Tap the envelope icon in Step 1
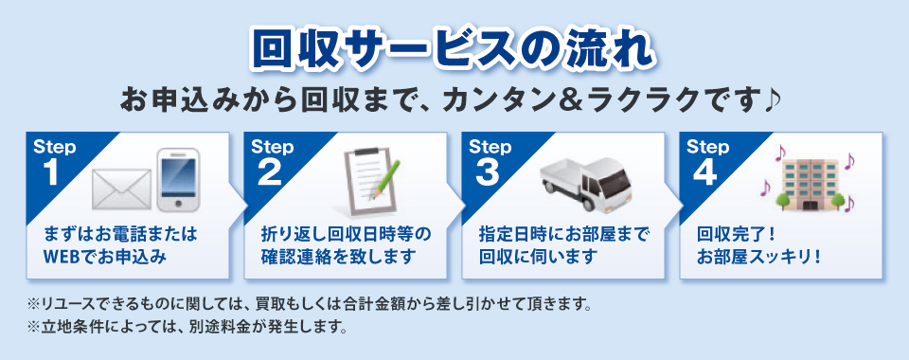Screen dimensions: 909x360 122,189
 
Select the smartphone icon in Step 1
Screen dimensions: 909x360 178,180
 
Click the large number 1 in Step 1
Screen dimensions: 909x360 51,173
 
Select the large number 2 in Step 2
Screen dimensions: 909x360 270,173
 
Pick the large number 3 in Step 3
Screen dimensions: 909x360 487,173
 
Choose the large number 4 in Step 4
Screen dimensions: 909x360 704,173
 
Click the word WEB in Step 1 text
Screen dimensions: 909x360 62,256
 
